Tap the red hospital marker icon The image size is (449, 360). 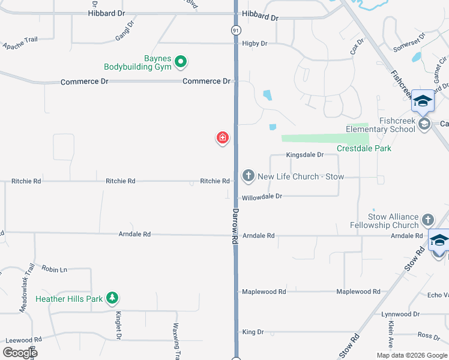[223, 138]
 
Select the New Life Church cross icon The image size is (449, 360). [249, 176]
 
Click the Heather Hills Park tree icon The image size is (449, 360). [112, 298]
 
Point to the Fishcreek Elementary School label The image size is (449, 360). [381, 125]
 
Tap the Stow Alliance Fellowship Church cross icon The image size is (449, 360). [427, 220]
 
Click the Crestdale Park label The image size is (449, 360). [364, 148]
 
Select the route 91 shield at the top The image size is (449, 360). [236, 29]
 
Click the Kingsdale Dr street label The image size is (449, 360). [304, 155]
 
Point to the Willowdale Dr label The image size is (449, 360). [262, 197]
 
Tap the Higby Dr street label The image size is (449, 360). [255, 44]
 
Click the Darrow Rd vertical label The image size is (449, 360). [235, 226]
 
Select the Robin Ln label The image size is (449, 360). [55, 269]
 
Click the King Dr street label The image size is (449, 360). [253, 332]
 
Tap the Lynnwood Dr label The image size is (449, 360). [400, 314]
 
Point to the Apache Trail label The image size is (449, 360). [20, 43]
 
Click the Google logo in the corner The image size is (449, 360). [20, 353]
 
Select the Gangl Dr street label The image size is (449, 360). [124, 32]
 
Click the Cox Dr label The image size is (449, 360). [358, 47]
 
